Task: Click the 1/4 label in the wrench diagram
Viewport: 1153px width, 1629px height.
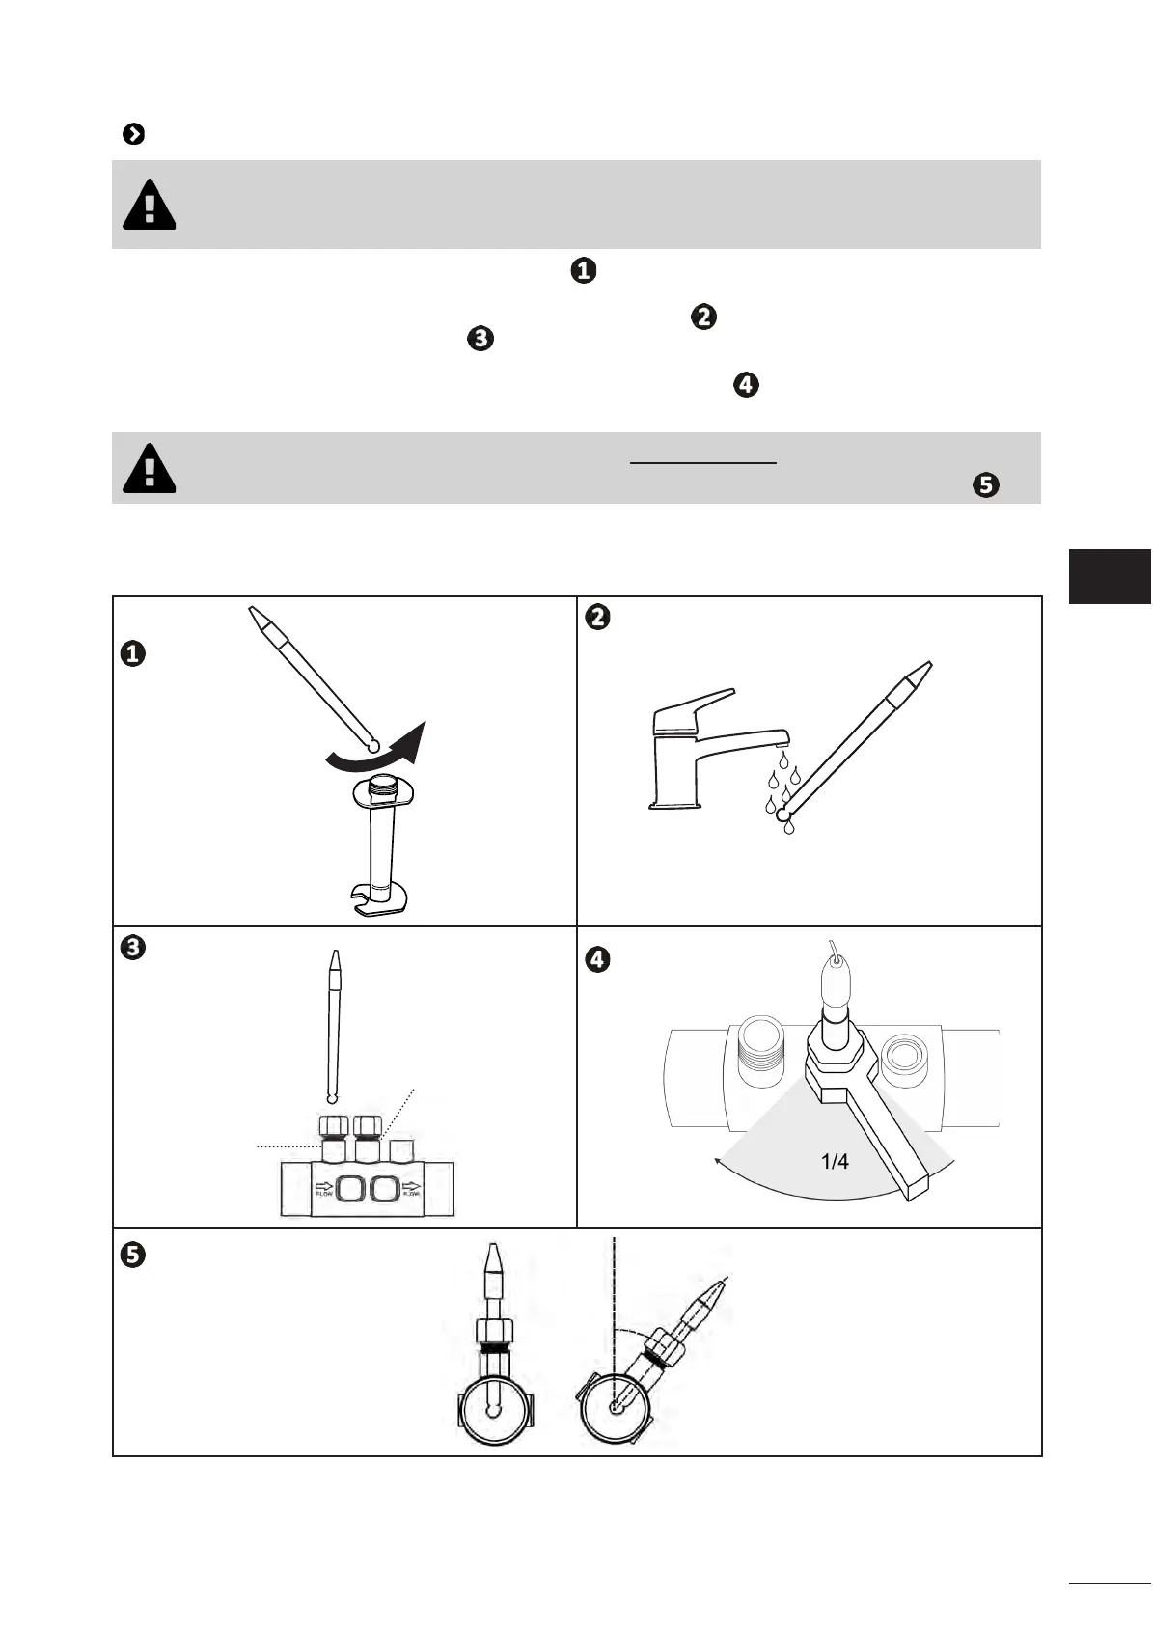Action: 835,1161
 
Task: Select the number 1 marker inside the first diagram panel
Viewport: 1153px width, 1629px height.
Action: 132,654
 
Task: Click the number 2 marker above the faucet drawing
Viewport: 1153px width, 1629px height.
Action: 598,617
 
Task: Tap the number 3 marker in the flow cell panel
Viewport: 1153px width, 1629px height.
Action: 132,948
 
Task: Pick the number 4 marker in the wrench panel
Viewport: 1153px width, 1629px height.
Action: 598,959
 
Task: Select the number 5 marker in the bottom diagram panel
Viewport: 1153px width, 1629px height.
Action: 132,1255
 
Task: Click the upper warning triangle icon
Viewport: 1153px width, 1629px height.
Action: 150,205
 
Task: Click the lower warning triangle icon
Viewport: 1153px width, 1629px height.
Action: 150,469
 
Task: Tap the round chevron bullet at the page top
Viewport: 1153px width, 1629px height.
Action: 134,134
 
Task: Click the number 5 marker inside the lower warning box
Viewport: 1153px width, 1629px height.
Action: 985,484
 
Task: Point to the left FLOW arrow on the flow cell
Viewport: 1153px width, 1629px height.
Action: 324,1187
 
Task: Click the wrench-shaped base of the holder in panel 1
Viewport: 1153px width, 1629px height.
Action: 378,898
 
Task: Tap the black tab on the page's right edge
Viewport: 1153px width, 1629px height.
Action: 1110,576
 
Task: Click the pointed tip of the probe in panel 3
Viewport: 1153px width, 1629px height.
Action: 335,960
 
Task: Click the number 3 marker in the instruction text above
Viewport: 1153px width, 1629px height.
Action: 480,339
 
